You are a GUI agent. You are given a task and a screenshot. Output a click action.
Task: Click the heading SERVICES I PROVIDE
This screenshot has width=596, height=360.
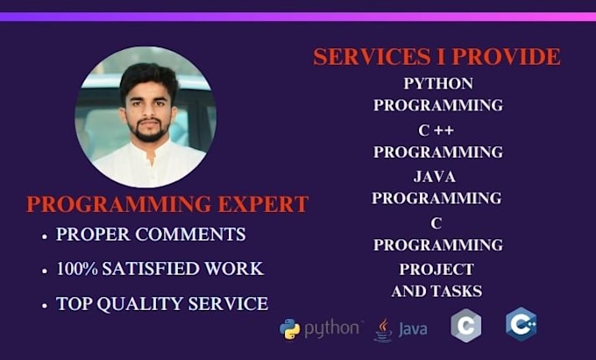click(x=436, y=57)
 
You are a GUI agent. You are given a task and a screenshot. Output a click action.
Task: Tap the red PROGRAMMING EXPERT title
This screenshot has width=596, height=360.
click(x=167, y=204)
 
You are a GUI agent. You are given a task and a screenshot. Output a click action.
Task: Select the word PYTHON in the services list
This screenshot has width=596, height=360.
click(x=438, y=84)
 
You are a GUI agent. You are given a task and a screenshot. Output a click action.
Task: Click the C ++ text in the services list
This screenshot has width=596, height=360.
click(x=436, y=131)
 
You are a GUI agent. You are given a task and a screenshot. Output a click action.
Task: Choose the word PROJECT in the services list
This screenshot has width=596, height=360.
click(x=436, y=269)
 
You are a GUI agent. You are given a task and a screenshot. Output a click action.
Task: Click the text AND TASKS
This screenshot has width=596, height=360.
click(x=436, y=291)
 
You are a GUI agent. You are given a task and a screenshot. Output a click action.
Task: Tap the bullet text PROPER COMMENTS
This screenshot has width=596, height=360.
click(x=151, y=235)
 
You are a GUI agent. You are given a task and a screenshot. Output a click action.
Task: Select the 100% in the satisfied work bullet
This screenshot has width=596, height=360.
click(x=76, y=269)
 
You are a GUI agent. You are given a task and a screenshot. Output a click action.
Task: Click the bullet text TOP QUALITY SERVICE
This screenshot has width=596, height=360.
click(x=162, y=304)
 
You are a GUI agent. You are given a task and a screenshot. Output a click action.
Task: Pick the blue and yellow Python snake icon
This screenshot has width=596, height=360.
click(x=289, y=328)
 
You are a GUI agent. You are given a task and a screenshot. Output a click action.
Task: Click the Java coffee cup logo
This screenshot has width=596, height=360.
click(x=382, y=328)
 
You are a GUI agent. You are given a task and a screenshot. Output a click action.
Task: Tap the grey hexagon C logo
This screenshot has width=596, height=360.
click(x=465, y=326)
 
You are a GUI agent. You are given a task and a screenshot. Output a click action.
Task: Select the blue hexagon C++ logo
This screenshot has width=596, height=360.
click(x=521, y=324)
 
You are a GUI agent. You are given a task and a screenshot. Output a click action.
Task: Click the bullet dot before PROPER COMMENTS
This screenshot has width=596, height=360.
click(x=44, y=236)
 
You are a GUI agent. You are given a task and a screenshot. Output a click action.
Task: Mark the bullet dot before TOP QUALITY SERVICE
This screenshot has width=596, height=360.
click(x=44, y=306)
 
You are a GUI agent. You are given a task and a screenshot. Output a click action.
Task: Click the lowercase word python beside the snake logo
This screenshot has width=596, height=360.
click(x=332, y=328)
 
